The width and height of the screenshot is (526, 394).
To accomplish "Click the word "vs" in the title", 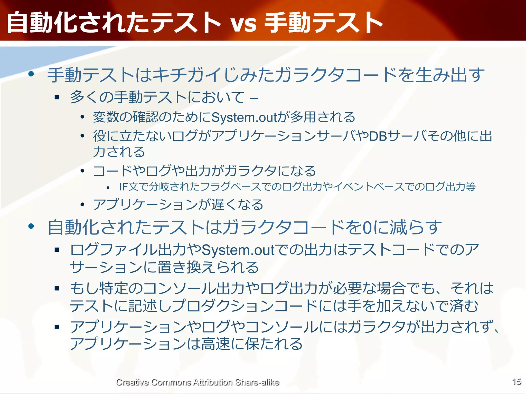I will click(x=243, y=24).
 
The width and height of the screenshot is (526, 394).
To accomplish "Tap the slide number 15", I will click(x=516, y=382).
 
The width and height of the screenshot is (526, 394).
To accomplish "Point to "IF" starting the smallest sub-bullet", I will click(x=124, y=187).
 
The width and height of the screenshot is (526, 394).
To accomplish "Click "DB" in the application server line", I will click(x=378, y=136).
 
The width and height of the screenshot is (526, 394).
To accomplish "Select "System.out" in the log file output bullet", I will click(x=238, y=250).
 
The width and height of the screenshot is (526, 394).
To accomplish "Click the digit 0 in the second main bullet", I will click(x=368, y=228).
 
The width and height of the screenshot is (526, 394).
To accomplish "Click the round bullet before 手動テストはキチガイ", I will click(x=31, y=74).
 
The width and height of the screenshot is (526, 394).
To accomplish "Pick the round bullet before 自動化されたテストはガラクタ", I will click(x=31, y=226).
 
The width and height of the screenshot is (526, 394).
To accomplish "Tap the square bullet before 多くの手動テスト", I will click(x=57, y=97).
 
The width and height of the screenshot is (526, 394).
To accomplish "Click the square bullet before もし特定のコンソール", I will click(x=57, y=288).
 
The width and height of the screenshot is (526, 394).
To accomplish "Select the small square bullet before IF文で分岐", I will click(x=108, y=188).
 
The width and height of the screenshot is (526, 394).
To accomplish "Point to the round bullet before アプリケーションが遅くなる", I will click(x=82, y=204).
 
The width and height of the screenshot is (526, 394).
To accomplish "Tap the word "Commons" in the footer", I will click(x=171, y=382).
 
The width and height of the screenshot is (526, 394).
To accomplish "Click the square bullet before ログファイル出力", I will click(x=57, y=250).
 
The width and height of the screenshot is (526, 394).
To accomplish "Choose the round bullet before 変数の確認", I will click(x=82, y=117).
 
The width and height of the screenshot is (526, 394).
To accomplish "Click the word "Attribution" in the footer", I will click(x=213, y=382).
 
